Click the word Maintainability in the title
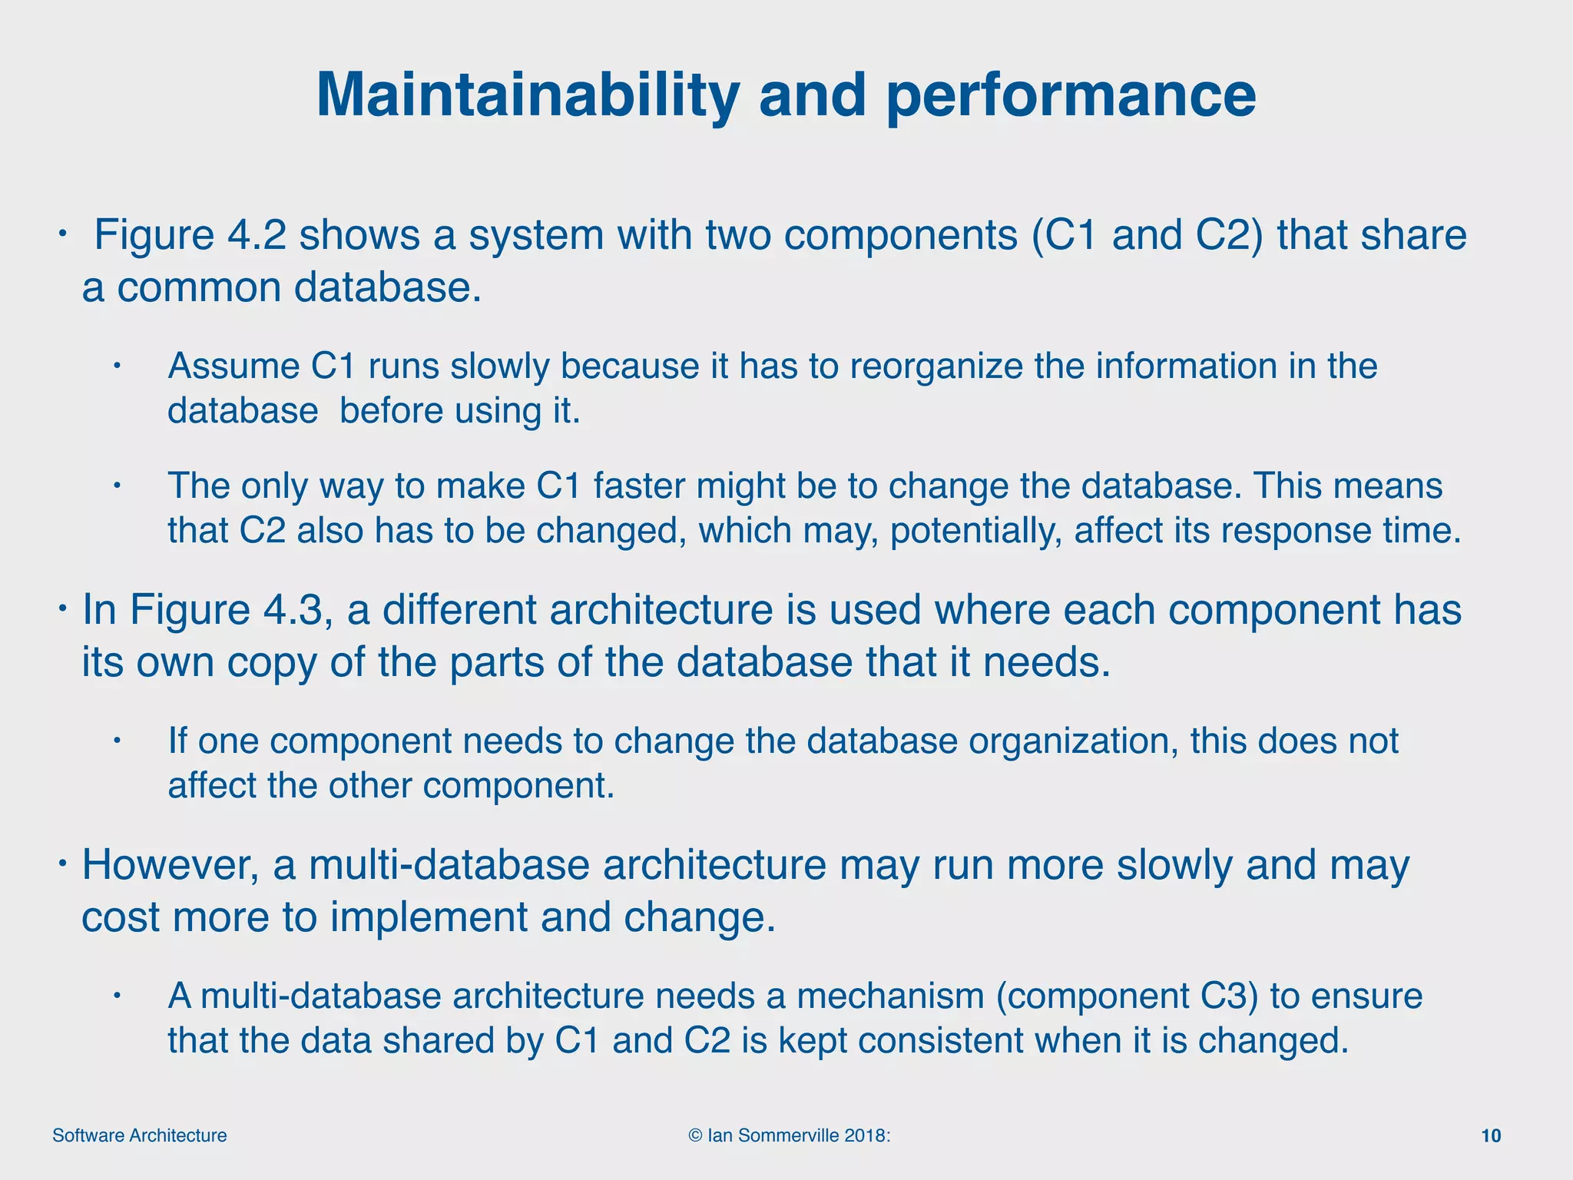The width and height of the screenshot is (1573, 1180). (528, 96)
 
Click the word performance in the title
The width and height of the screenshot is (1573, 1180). (1071, 96)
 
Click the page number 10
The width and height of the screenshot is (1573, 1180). (1490, 1135)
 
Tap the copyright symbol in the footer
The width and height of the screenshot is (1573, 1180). (696, 1135)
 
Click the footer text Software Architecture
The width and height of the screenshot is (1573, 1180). (140, 1135)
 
